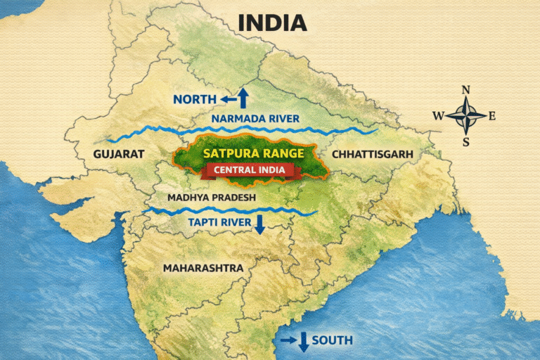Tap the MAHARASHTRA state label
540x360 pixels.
tap(203, 268)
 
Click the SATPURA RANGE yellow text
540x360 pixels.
tap(253, 153)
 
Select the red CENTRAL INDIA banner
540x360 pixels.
tap(255, 169)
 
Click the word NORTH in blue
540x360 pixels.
tap(194, 100)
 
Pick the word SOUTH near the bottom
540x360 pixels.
tap(332, 341)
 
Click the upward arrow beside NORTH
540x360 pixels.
tap(243, 97)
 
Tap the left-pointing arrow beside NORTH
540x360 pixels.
tap(226, 100)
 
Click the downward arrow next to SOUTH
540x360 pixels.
tap(303, 342)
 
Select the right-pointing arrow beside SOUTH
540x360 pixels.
tap(288, 340)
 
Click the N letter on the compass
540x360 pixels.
tap(465, 89)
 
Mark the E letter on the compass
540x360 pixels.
tap(491, 116)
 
